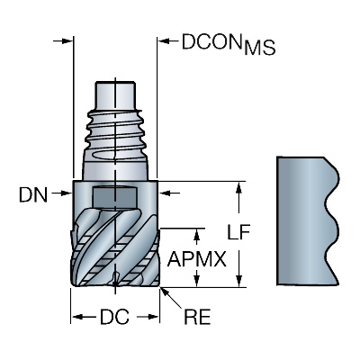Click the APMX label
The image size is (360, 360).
point(194,258)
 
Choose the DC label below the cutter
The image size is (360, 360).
point(115,318)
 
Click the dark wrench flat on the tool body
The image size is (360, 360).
point(113,193)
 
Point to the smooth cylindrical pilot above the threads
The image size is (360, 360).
point(115,93)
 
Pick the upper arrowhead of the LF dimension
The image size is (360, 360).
point(238,186)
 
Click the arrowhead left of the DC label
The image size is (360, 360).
point(77,318)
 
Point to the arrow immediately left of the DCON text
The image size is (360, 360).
point(165,41)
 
